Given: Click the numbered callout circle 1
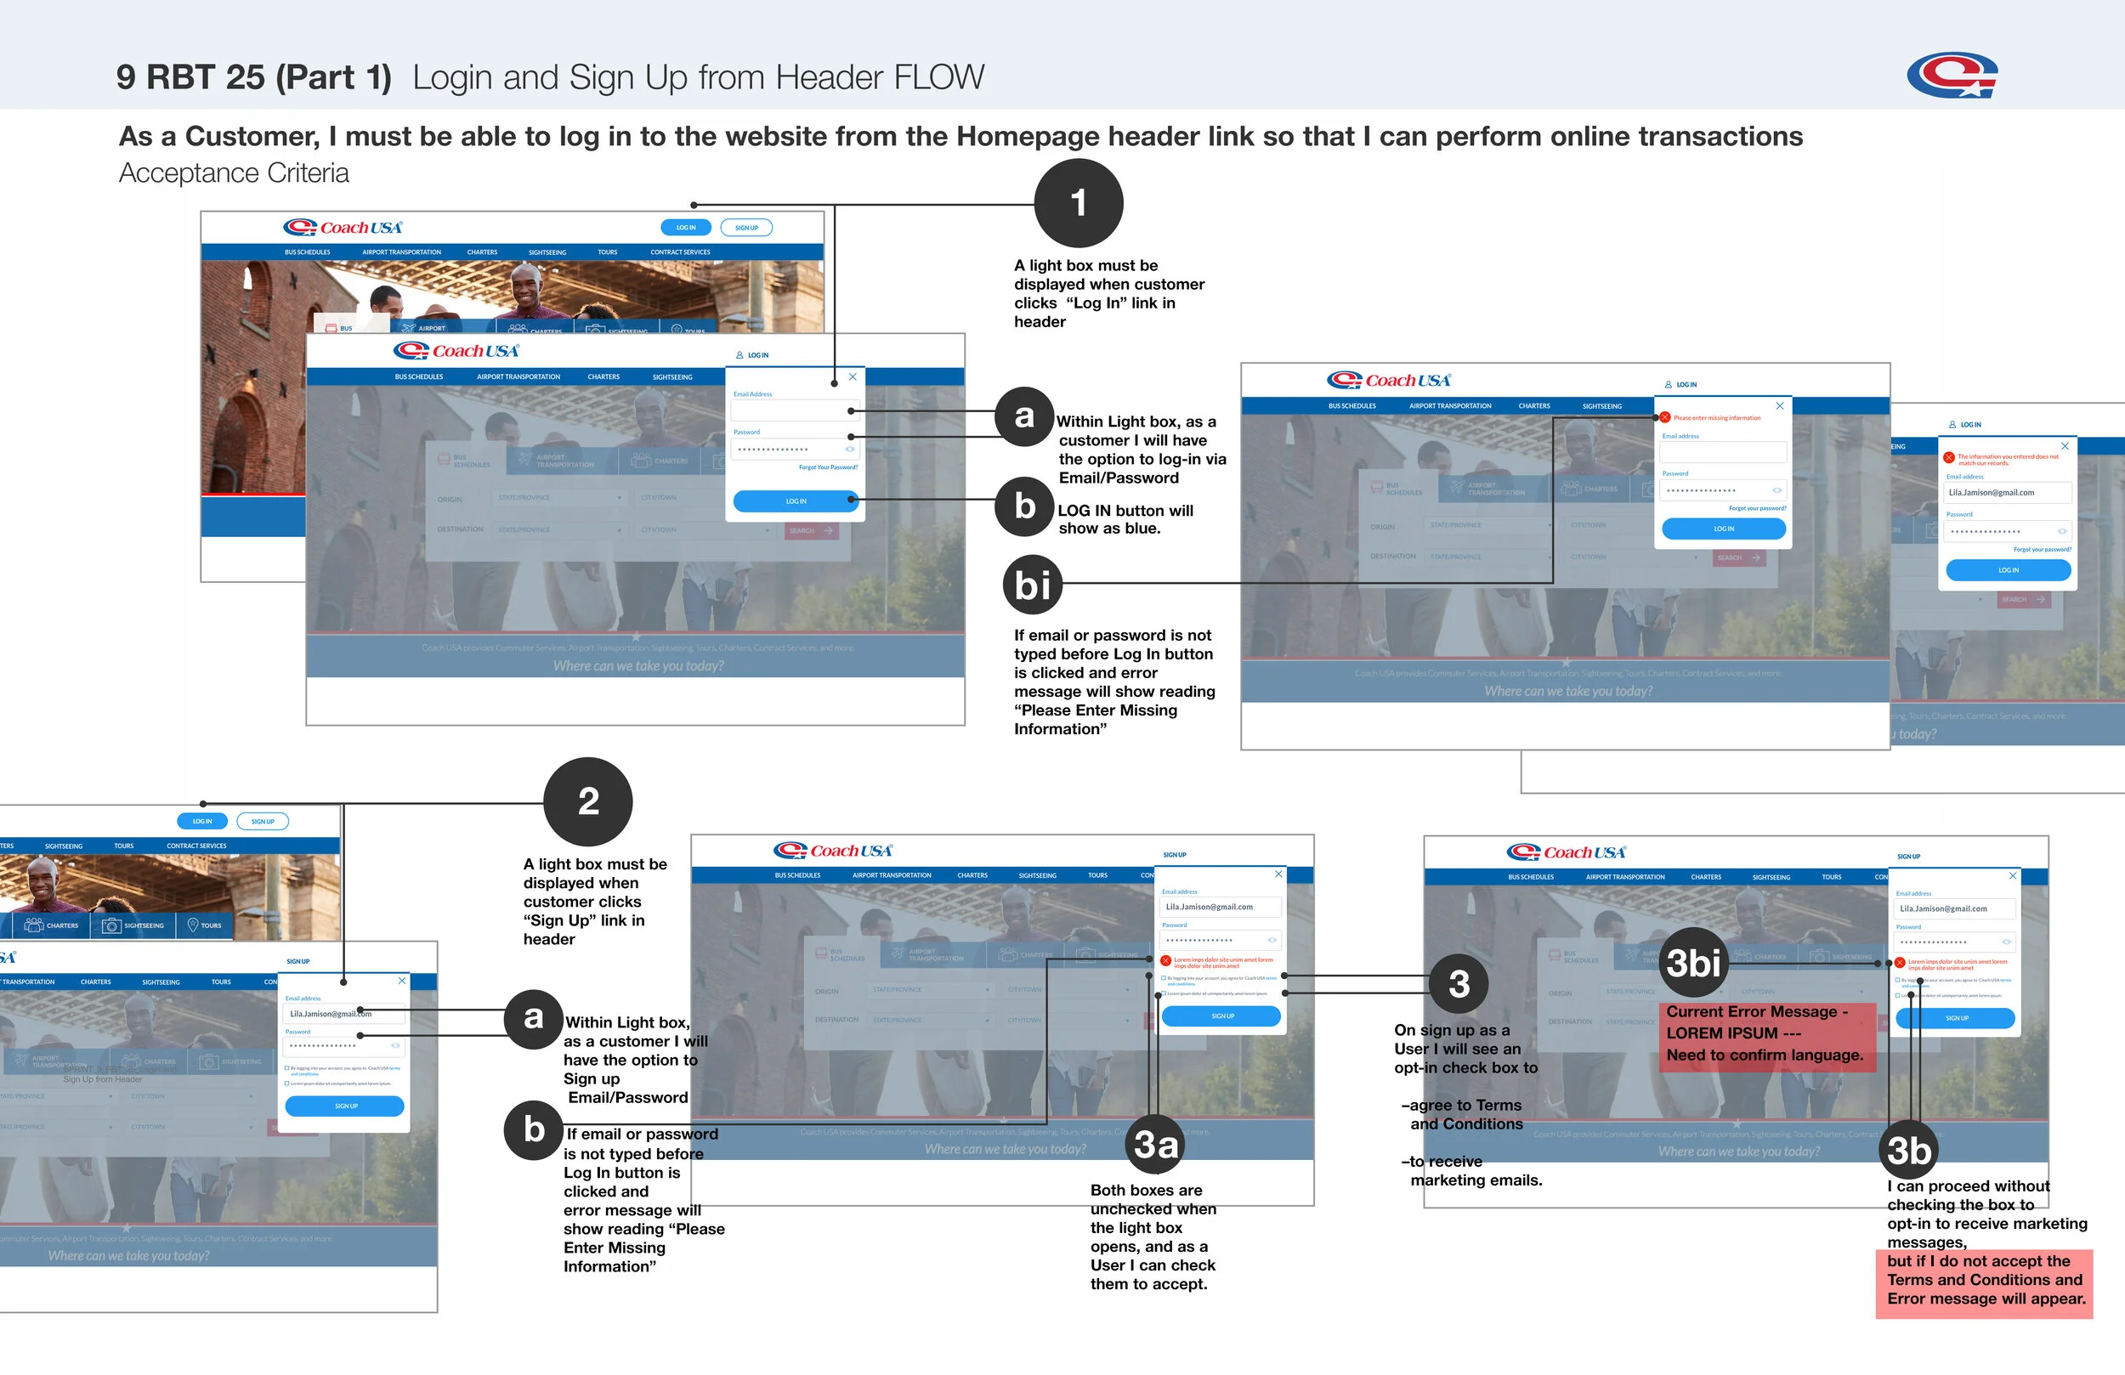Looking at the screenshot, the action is (x=1079, y=204).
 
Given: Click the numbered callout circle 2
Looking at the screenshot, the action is (x=587, y=801).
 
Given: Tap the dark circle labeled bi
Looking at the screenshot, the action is (x=1032, y=585).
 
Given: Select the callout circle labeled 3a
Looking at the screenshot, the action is (x=1155, y=1144).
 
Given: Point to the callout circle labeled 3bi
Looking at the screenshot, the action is (x=1694, y=964).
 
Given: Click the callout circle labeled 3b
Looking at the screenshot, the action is (x=1909, y=1150).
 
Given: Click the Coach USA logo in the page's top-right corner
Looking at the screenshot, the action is (x=1952, y=75).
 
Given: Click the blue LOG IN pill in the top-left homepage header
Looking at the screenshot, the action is (x=686, y=228).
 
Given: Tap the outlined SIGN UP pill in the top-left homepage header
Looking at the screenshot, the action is (x=746, y=228).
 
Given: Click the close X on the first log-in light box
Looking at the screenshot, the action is (x=853, y=376).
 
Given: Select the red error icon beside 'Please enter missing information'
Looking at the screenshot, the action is (x=1665, y=417).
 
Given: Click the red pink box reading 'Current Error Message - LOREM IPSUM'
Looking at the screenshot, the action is (x=1765, y=1033).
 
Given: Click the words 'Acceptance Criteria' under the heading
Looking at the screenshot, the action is (x=234, y=173).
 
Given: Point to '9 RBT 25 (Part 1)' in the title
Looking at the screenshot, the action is (x=254, y=76).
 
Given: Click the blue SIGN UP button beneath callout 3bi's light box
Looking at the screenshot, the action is (x=1954, y=1018).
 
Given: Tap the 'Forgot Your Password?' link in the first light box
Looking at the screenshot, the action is (x=828, y=467).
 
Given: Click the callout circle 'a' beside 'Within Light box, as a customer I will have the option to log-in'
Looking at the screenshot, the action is (x=1024, y=416).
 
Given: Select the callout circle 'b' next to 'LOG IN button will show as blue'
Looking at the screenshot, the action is (x=1024, y=506).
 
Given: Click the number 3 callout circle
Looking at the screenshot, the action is (x=1459, y=984).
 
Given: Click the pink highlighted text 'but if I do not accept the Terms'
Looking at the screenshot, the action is (x=1985, y=1280).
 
